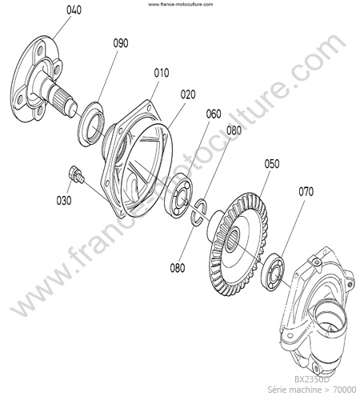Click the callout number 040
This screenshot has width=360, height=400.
(x=74, y=10)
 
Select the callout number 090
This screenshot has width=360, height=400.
(x=121, y=43)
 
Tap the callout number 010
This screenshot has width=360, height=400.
(x=162, y=73)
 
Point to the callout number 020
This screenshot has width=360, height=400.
(x=188, y=94)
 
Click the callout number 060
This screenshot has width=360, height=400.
(x=214, y=114)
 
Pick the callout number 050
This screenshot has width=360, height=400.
(x=272, y=164)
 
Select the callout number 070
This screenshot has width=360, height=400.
(x=306, y=191)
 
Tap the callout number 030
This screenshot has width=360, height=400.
(x=64, y=201)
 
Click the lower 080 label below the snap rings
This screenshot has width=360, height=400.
(x=178, y=268)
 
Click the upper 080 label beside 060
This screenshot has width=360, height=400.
(x=234, y=130)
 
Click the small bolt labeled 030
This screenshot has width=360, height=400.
(x=76, y=174)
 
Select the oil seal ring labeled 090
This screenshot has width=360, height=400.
(x=91, y=124)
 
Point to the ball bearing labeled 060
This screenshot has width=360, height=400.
(x=178, y=195)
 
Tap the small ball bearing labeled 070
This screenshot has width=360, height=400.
(x=273, y=271)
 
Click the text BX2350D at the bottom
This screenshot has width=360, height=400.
(x=312, y=379)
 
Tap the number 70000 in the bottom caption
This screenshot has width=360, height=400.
(x=345, y=390)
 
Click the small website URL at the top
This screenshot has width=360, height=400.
(x=181, y=4)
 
